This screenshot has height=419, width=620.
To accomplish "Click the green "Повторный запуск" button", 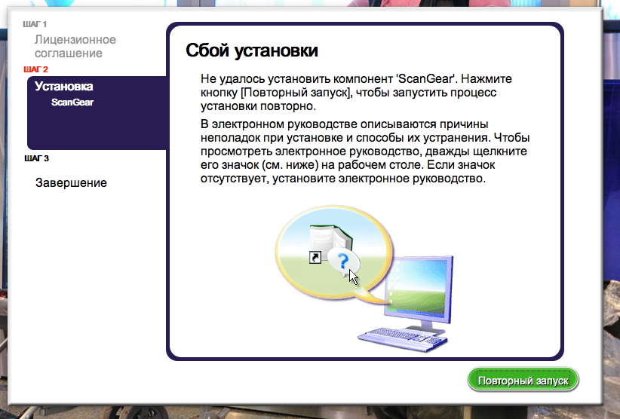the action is point(523,380).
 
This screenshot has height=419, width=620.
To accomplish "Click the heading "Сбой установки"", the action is point(252,50).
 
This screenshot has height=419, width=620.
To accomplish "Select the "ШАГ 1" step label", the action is point(35,24).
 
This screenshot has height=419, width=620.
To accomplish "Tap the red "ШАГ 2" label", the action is point(35,69).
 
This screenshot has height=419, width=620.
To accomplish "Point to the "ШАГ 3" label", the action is point(36,158).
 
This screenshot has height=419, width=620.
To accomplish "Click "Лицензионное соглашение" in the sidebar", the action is point(75,46).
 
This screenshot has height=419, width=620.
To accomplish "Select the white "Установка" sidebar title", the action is point(63,86).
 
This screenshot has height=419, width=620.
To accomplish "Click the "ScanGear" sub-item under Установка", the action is point(72,102).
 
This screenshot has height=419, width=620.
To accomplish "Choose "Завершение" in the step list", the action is point(71,182).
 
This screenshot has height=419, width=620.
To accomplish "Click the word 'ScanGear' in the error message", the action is point(425,78).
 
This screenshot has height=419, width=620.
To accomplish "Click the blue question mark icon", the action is point(343,261).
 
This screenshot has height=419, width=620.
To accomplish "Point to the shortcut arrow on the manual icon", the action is point(315,258).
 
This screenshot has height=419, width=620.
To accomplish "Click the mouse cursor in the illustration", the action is point(353,277).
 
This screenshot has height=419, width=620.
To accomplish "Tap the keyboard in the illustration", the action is point(401,340).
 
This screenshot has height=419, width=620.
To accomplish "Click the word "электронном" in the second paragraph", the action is point(247,124).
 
